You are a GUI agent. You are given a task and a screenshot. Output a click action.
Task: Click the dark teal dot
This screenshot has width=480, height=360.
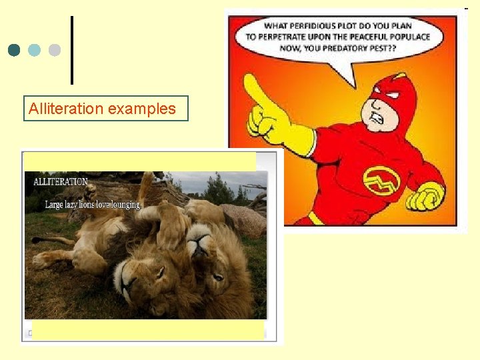pyautogui.click(x=15, y=50)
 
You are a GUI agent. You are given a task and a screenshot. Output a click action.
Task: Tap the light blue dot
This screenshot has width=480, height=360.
pyautogui.click(x=35, y=50)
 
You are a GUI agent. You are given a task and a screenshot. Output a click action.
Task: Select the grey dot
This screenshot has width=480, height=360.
pyautogui.click(x=55, y=50)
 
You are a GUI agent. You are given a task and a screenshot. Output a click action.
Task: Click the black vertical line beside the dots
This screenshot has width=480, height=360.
pyautogui.click(x=71, y=50)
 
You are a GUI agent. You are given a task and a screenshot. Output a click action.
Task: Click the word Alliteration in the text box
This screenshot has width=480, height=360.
pyautogui.click(x=66, y=109)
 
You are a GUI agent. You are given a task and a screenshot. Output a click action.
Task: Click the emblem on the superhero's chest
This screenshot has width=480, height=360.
pyautogui.click(x=381, y=179)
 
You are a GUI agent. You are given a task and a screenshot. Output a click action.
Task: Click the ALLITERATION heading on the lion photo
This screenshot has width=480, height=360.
pyautogui.click(x=61, y=181)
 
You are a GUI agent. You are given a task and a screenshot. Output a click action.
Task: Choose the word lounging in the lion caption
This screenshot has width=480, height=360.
pyautogui.click(x=127, y=205)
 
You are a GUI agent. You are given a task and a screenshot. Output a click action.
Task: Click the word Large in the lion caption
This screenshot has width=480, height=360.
pyautogui.click(x=53, y=205)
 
